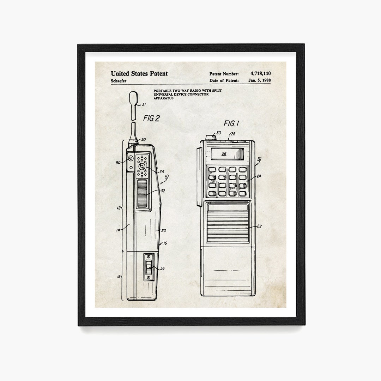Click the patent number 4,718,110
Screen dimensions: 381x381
pos(260,73)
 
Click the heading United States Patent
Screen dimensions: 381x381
pos(139,73)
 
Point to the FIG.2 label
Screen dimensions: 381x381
pos(151,119)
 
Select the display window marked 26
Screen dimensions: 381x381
pos(224,153)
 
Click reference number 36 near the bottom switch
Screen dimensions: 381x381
pos(162,268)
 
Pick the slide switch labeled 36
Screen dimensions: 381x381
pos(149,267)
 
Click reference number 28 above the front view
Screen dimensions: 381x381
pos(233,134)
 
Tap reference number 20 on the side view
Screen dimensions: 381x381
pos(163,230)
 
